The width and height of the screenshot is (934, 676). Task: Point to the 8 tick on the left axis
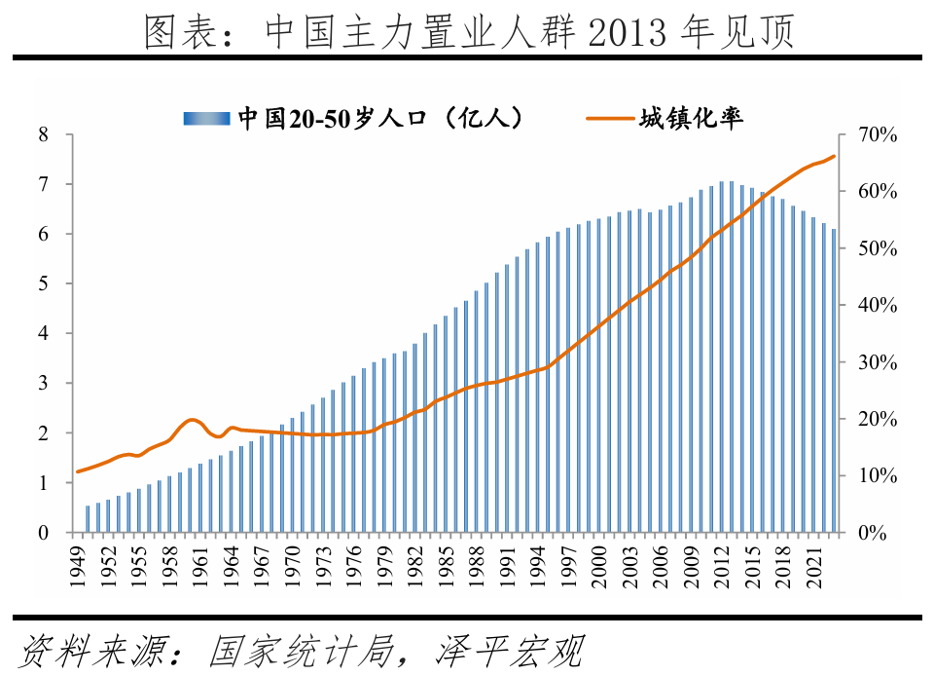(43, 134)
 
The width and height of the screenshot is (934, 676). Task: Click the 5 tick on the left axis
(43, 283)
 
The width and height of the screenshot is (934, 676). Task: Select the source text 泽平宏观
(506, 650)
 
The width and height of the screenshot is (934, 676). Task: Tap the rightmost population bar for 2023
(833, 381)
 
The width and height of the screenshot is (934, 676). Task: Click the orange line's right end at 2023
(834, 156)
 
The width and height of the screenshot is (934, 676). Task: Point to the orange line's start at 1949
(78, 471)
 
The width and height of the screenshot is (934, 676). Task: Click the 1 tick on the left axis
(43, 483)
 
